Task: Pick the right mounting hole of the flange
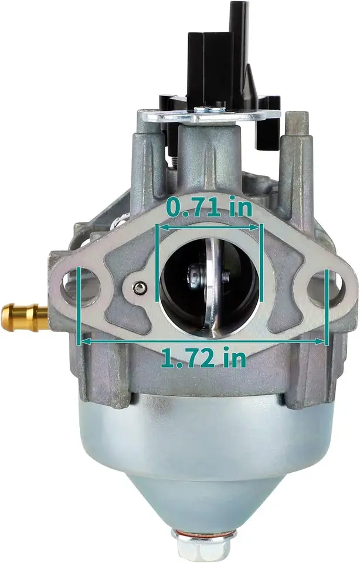pyautogui.click(x=324, y=288)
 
